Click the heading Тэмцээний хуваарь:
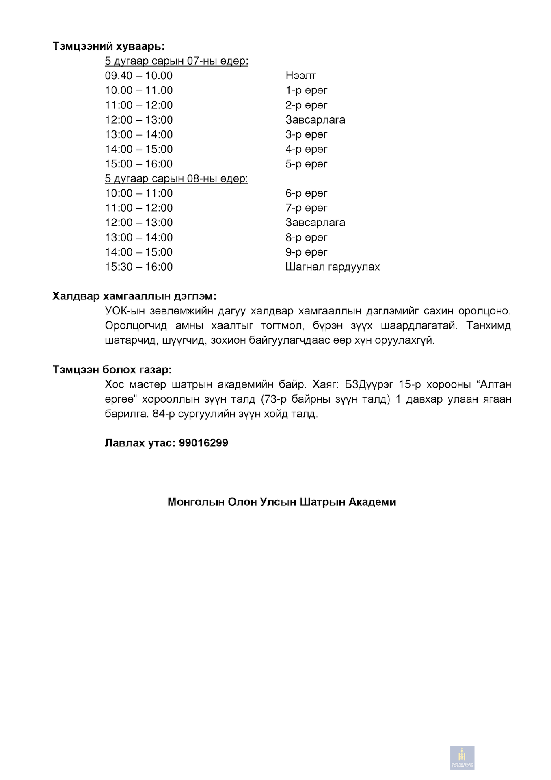click(108, 46)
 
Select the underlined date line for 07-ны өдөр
click(176, 61)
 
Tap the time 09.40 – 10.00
click(138, 76)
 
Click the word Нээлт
click(300, 76)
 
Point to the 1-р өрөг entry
click(306, 91)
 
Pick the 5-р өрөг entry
click(306, 164)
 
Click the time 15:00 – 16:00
click(138, 164)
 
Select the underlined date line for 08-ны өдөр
click(176, 179)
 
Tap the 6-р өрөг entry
click(306, 193)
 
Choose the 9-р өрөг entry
click(306, 252)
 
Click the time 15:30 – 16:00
click(138, 267)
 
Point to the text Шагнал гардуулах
click(333, 267)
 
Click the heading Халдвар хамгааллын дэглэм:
click(134, 296)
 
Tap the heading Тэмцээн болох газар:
click(112, 370)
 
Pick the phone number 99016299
click(203, 443)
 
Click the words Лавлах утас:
click(140, 443)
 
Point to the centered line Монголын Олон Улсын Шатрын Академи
click(282, 502)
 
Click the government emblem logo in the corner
click(462, 758)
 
